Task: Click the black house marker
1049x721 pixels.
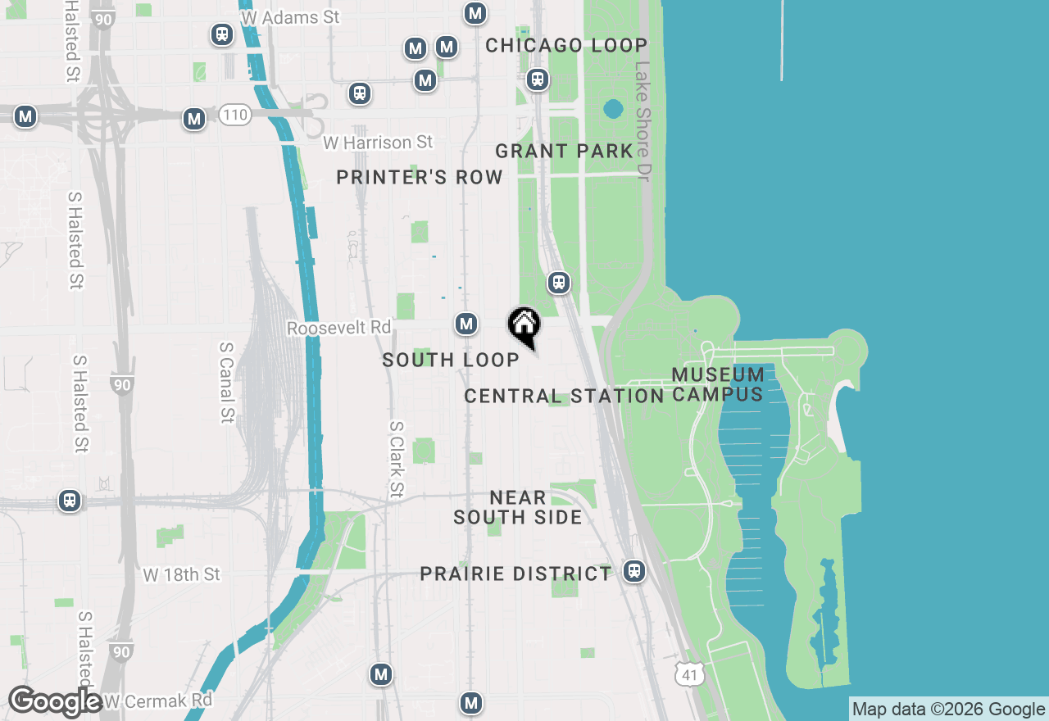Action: click(524, 325)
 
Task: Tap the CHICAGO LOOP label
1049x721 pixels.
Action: click(566, 45)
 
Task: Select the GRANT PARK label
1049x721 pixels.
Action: click(564, 151)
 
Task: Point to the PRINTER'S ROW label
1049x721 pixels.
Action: click(420, 178)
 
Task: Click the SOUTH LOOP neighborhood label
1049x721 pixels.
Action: click(451, 360)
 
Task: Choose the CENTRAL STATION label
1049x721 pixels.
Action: click(564, 397)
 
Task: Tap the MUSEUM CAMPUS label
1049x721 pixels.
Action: click(718, 384)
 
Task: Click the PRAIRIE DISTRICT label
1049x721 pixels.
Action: click(515, 574)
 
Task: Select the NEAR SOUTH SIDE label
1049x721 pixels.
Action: click(518, 507)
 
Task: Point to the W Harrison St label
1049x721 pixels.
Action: click(378, 143)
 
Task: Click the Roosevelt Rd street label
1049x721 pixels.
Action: click(338, 328)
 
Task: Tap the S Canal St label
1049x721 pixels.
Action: click(227, 383)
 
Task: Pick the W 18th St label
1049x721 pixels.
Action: click(182, 574)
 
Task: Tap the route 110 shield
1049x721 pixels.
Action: click(234, 116)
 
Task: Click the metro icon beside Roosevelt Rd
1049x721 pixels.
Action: click(466, 324)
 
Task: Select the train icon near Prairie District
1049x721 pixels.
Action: click(633, 571)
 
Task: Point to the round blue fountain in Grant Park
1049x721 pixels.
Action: click(612, 109)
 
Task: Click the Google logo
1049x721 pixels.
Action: click(54, 701)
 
